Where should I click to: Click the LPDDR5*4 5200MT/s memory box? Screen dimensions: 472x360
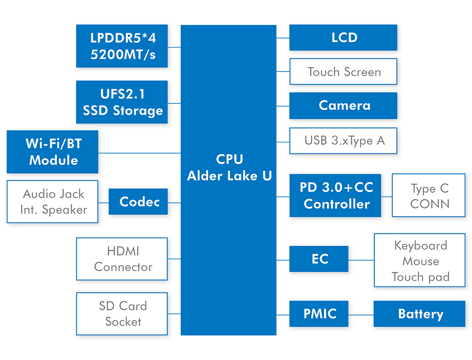122,46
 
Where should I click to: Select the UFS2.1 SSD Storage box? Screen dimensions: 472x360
122,102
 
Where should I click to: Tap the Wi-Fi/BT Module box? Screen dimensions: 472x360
53,152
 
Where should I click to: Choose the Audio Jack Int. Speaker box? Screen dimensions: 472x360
53,202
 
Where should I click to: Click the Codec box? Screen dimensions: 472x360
138,202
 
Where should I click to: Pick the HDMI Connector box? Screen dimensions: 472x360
122,259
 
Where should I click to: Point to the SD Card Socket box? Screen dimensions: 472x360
122,314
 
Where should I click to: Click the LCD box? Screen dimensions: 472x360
343,38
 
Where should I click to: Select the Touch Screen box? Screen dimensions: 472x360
343,72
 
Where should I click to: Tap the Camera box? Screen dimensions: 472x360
343,106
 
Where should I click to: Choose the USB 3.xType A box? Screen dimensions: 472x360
343,141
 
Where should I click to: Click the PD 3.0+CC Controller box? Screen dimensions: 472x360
335,195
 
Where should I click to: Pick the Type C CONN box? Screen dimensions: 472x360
429,195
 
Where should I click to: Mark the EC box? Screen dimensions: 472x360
319,259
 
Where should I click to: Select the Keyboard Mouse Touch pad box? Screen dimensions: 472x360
419,260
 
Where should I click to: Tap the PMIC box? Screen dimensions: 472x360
319,314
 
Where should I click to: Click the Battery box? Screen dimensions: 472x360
419,314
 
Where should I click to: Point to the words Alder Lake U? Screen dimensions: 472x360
229,176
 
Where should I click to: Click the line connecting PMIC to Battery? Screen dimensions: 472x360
361,315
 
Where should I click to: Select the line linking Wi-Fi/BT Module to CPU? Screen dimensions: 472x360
140,153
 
